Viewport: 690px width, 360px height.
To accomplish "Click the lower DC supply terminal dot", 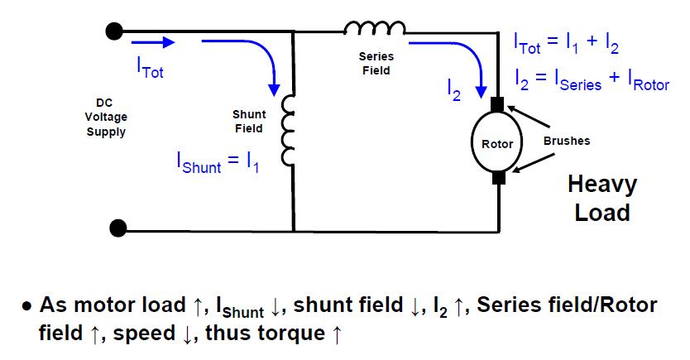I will tap(118, 227).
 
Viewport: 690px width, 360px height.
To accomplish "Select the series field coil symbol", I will tap(375, 30).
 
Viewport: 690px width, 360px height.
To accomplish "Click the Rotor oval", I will tap(497, 144).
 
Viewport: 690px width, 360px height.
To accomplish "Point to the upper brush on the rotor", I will tap(498, 106).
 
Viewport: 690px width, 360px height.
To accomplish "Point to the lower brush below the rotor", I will tap(498, 177).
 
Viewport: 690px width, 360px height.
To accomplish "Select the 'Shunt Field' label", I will tap(248, 122).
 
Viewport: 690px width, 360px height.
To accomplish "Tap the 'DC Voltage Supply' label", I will tap(106, 117).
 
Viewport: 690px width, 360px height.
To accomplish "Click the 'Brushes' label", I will tap(566, 141).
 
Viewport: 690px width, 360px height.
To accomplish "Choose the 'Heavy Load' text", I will tap(602, 198).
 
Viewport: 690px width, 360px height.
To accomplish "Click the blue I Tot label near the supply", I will tap(150, 70).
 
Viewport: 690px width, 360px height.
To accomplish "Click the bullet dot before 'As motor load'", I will tap(27, 307).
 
